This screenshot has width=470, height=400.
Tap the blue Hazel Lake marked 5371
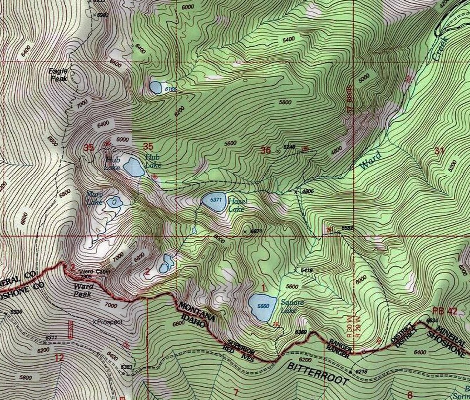214,202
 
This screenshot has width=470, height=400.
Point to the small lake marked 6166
155,87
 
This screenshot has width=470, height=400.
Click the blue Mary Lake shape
114,202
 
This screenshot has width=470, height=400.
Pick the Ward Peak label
83,290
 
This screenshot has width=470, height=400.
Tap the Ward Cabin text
90,271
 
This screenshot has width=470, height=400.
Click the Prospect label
110,322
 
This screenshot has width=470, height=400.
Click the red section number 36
265,150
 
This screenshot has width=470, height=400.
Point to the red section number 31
439,151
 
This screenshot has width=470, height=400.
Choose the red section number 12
59,358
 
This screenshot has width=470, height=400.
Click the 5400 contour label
289,39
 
